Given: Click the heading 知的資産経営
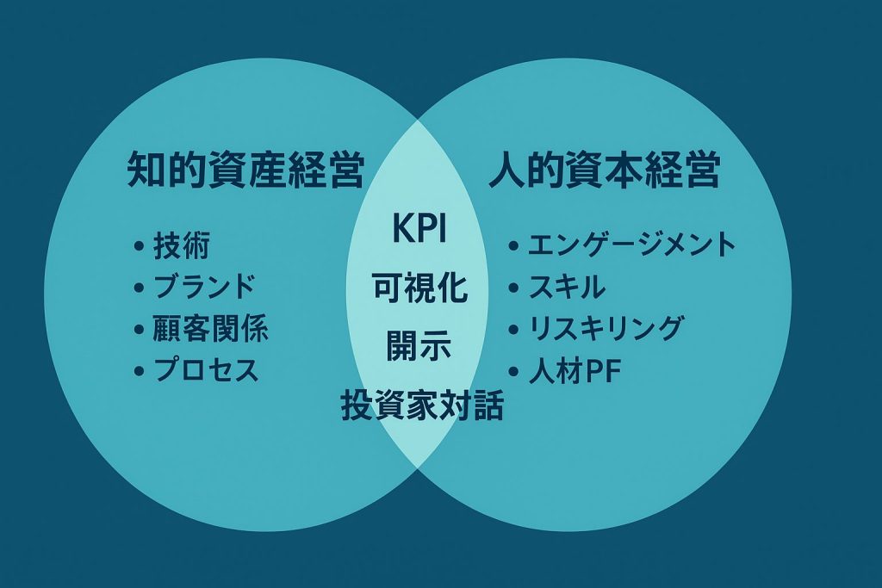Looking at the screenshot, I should [245, 172].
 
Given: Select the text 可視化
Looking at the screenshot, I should [419, 288].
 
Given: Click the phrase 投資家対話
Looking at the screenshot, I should [421, 405].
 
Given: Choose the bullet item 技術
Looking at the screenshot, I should [181, 246].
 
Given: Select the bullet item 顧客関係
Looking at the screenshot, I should [210, 329].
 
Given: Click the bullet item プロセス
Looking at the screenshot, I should [206, 371].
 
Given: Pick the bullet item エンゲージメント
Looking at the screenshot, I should [631, 245].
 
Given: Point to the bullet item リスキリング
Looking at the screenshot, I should [606, 329].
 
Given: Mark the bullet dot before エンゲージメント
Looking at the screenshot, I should [513, 247].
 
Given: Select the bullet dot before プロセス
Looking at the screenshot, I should [139, 372].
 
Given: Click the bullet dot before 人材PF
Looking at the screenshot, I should [513, 373].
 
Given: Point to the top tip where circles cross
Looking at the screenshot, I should [418, 119].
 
